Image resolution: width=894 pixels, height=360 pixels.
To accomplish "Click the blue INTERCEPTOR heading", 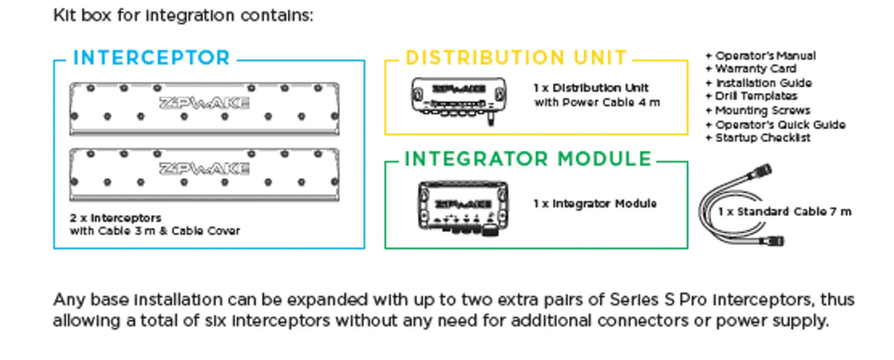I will click(151, 58).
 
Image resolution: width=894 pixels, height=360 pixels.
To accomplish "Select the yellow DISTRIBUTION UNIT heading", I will click(517, 58).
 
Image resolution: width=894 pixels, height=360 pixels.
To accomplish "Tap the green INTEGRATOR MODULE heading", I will click(528, 159).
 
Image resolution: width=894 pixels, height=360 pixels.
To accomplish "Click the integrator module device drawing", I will click(461, 204).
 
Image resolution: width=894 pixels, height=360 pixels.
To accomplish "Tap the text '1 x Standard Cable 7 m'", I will click(784, 212).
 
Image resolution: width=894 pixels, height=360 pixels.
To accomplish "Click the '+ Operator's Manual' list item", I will click(760, 55).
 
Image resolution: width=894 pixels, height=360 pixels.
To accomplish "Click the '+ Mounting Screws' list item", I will click(757, 110).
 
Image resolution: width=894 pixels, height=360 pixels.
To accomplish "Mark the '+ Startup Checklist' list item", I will click(757, 137).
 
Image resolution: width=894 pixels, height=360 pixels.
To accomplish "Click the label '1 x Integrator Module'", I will click(594, 204).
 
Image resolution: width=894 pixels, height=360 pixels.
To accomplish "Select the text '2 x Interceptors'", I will click(116, 218).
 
